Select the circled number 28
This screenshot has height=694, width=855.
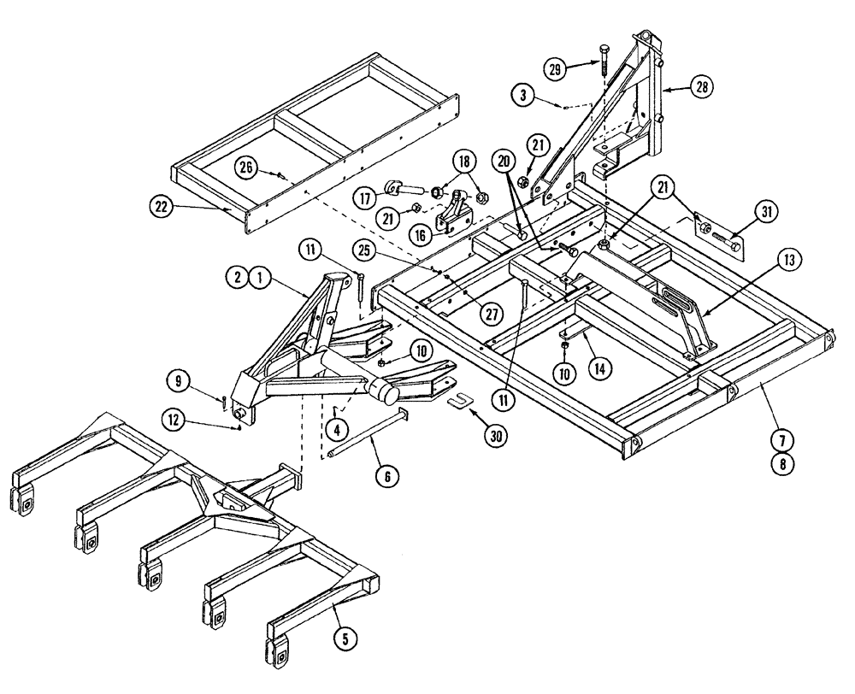tap(701, 86)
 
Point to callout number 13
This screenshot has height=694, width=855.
tap(787, 259)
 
